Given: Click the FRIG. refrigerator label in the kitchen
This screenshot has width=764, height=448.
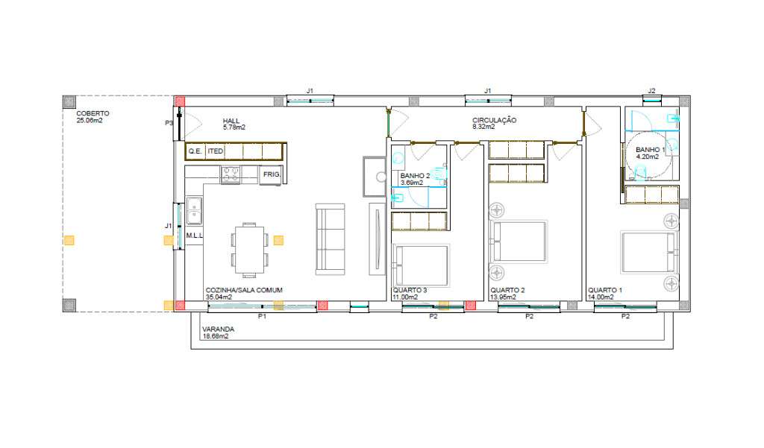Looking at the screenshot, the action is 272,174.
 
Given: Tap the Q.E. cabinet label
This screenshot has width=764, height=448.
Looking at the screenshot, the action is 195,151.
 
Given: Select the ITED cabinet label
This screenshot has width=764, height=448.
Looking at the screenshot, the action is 216,151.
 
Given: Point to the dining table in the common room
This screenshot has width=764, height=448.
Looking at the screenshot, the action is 249,250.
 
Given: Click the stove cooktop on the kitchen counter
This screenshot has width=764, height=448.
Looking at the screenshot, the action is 231,174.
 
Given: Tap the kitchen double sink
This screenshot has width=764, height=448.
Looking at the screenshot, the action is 194,210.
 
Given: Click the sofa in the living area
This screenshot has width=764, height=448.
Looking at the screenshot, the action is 331,239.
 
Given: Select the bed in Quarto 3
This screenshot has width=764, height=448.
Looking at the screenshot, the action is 421,265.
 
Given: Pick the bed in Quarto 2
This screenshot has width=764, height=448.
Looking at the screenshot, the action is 519,242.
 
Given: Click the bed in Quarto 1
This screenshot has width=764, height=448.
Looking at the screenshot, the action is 649,252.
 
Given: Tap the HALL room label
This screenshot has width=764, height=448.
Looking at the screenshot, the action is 231,121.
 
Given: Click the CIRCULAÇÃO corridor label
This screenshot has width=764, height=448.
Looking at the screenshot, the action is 494,120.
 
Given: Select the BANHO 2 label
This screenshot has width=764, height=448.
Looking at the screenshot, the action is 415,176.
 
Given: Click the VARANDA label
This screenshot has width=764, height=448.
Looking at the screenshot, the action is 219,329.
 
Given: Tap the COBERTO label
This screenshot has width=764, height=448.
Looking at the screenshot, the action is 93,113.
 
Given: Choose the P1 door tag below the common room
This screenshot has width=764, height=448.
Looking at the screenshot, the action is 262,317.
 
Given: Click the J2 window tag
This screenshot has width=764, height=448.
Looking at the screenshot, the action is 651,91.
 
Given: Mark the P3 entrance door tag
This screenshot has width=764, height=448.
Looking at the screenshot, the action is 169,123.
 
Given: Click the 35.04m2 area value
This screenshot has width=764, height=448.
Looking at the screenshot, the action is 219,297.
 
